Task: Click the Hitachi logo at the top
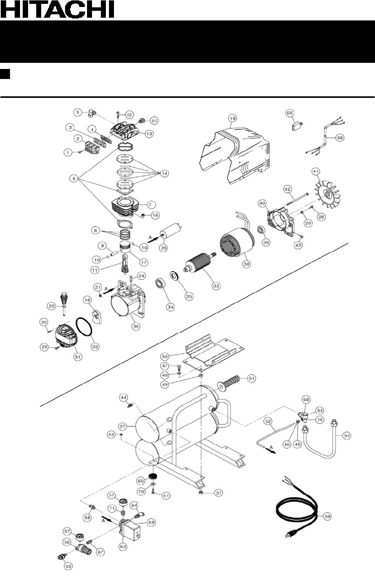point(57,9)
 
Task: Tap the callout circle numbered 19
point(232,118)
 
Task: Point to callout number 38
point(246,264)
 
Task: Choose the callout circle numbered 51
point(251,378)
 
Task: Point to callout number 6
point(74,178)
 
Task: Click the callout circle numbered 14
point(164,173)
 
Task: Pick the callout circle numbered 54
point(347,436)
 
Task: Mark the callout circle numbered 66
point(340,138)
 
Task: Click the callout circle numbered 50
point(165,356)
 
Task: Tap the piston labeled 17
point(126,249)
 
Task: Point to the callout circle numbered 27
point(122,427)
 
